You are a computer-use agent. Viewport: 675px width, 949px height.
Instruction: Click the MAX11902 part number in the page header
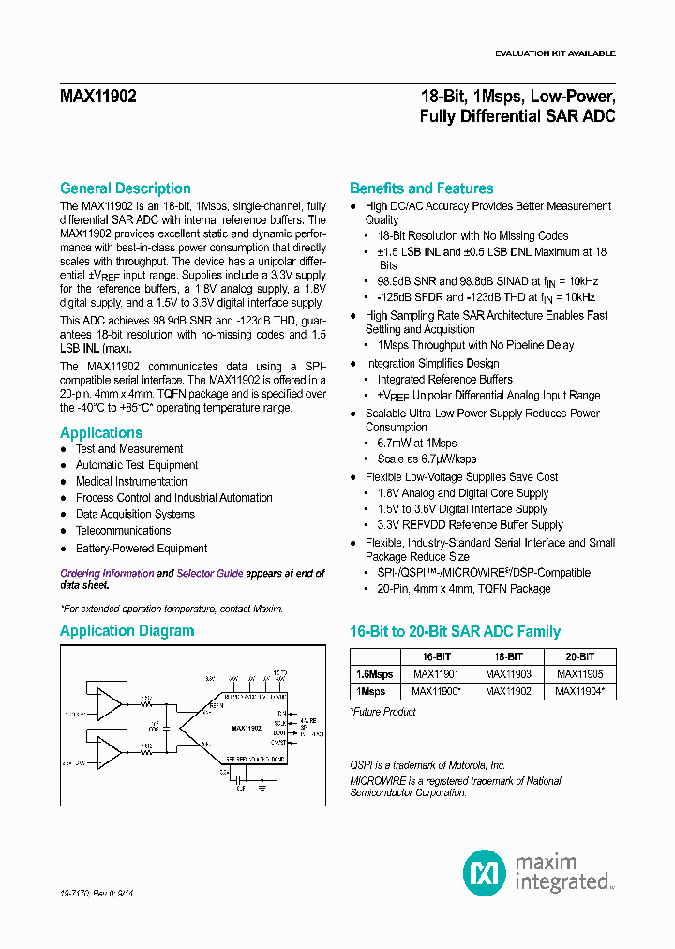pyautogui.click(x=98, y=97)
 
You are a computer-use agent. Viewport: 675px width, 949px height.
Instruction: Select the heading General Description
pyautogui.click(x=125, y=188)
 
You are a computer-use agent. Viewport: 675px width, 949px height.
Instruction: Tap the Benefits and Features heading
pyautogui.click(x=421, y=188)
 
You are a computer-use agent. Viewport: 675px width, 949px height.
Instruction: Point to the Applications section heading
pyautogui.click(x=101, y=433)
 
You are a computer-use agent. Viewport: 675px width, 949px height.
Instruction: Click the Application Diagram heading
pyautogui.click(x=127, y=631)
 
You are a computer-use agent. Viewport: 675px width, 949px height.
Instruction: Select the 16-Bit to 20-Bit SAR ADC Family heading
pyautogui.click(x=455, y=632)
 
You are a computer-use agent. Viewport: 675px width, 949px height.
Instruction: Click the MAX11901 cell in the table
pyautogui.click(x=434, y=674)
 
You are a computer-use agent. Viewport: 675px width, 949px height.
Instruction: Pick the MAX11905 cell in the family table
pyautogui.click(x=579, y=674)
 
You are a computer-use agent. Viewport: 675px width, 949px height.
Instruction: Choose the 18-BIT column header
pyautogui.click(x=507, y=657)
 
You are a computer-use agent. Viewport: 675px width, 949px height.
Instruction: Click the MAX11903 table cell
pyautogui.click(x=507, y=674)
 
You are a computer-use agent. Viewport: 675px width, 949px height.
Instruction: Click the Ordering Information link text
pyautogui.click(x=107, y=573)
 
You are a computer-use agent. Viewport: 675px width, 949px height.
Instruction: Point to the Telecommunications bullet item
pyautogui.click(x=123, y=531)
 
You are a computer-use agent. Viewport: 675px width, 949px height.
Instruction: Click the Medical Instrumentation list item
pyautogui.click(x=131, y=482)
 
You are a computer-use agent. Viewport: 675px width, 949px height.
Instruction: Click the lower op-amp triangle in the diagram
pyautogui.click(x=111, y=751)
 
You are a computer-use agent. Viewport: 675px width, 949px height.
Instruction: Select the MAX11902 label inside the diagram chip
pyautogui.click(x=246, y=727)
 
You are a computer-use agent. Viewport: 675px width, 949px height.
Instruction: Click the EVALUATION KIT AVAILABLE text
pyautogui.click(x=554, y=53)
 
